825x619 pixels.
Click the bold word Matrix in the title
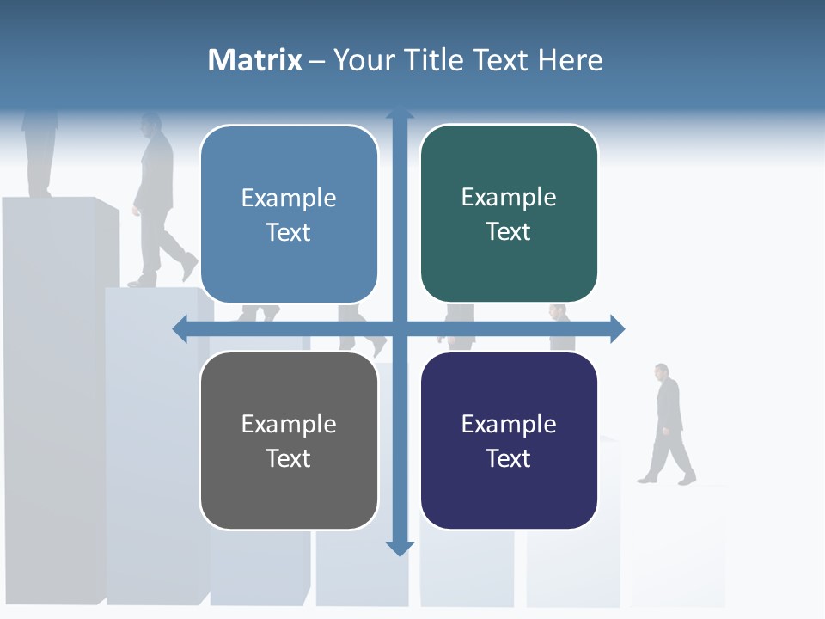click(255, 60)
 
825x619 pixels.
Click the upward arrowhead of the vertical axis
click(400, 113)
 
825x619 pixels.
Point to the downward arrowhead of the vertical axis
click(400, 548)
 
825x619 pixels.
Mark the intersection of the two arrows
click(400, 328)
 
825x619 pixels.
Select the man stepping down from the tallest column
click(158, 202)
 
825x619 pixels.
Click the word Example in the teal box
click(509, 198)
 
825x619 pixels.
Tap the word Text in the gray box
click(289, 458)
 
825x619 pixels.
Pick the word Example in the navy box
click(509, 424)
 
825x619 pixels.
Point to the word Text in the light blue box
click(289, 232)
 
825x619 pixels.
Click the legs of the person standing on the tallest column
click(40, 159)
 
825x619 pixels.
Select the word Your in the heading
click(361, 60)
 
